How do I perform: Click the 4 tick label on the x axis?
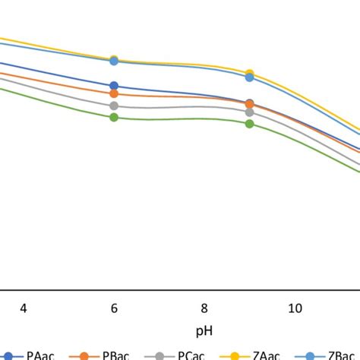click(x=24, y=308)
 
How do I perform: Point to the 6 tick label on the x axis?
click(x=114, y=308)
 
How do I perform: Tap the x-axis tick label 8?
click(x=204, y=308)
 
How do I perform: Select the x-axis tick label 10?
click(x=295, y=308)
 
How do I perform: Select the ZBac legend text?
click(x=341, y=354)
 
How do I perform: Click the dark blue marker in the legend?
click(x=10, y=355)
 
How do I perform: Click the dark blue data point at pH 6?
click(x=114, y=86)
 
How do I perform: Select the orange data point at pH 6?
click(x=114, y=93)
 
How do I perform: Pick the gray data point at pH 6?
click(x=114, y=106)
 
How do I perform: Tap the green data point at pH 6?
click(x=114, y=117)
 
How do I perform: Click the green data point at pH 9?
click(x=250, y=123)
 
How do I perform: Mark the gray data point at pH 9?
click(x=250, y=112)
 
